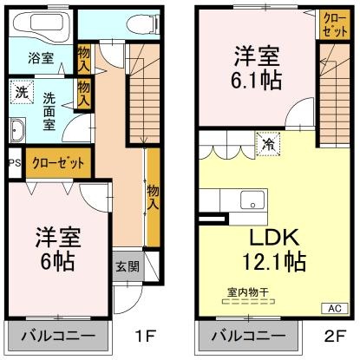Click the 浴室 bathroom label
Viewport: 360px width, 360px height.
click(40, 59)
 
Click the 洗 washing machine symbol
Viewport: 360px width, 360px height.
click(20, 89)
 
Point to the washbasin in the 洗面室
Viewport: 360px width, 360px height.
click(18, 131)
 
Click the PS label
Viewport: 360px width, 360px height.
click(13, 162)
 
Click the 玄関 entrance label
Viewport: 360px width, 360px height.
click(127, 265)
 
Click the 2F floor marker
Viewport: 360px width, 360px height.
click(333, 334)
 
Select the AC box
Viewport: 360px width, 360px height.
click(333, 306)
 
